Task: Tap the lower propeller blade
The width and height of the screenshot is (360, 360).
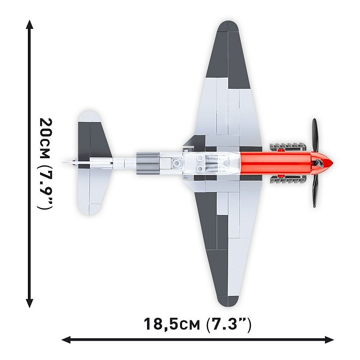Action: tap(315, 190)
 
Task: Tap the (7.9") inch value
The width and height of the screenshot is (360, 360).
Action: tap(46, 188)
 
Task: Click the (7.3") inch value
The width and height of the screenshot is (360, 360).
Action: tap(229, 323)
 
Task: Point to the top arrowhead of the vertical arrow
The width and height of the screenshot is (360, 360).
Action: tap(30, 25)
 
